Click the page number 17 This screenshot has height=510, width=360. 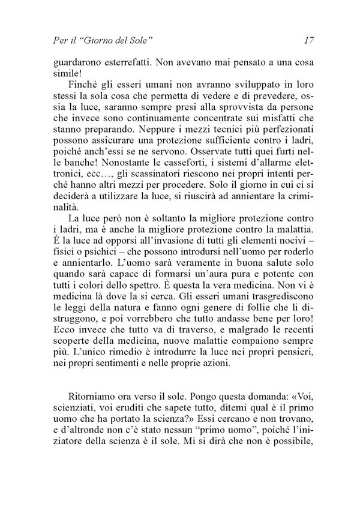310,41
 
